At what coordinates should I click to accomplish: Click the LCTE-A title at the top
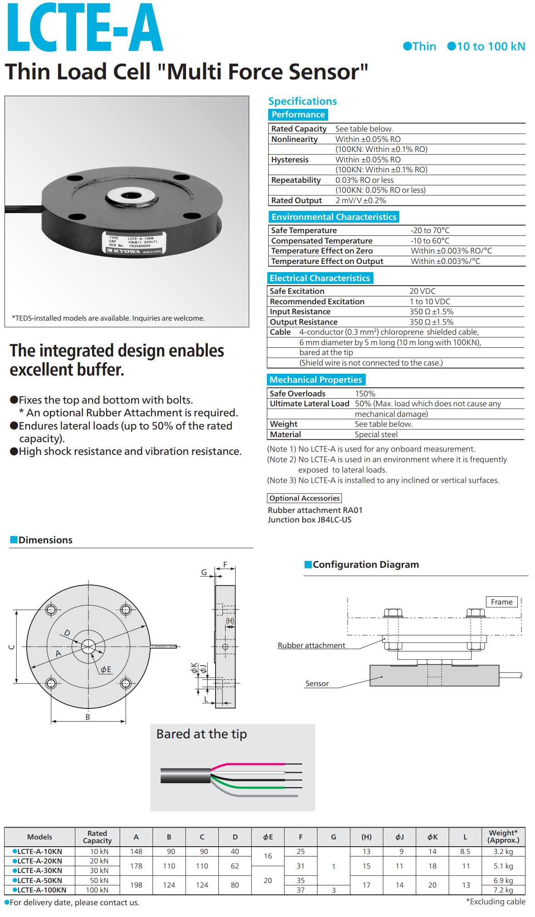click(85, 28)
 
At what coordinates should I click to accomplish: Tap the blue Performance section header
click(298, 115)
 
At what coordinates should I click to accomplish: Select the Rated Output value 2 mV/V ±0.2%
click(361, 200)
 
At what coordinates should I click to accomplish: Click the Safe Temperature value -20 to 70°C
click(430, 230)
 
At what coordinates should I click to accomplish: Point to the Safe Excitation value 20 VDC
click(422, 291)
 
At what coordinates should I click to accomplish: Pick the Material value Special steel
click(376, 434)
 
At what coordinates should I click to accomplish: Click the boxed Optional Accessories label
click(304, 498)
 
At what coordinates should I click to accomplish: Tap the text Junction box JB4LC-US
click(309, 520)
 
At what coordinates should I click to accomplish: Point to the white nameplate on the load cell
click(135, 243)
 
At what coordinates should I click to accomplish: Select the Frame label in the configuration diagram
click(501, 602)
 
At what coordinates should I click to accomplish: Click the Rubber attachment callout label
click(311, 645)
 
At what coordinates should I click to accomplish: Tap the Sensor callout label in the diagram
click(317, 683)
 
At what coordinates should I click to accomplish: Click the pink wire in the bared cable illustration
click(254, 765)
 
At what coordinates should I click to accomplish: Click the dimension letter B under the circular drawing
click(88, 717)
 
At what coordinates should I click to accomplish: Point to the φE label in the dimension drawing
click(106, 669)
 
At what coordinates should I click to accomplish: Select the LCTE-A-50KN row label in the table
click(39, 880)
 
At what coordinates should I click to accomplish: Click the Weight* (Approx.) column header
click(503, 836)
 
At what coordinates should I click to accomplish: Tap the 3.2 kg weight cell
click(503, 852)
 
